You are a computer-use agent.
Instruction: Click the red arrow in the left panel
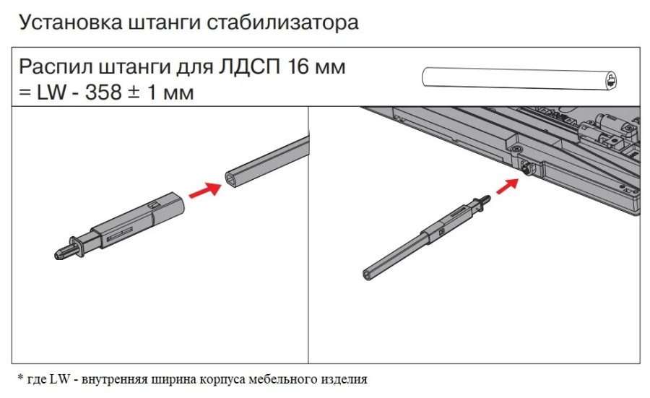pyautogui.click(x=205, y=189)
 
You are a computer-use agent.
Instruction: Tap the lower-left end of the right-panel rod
pyautogui.click(x=366, y=273)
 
